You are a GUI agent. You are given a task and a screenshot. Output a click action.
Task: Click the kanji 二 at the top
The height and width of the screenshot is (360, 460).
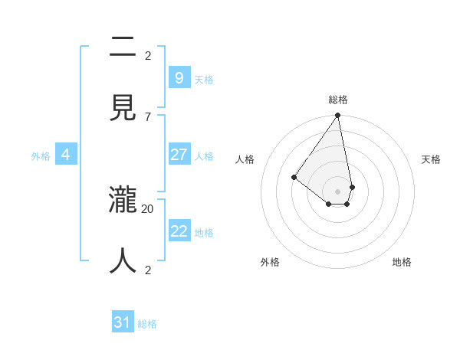point(123,47)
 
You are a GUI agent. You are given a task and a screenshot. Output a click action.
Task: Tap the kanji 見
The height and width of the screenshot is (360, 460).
point(123,108)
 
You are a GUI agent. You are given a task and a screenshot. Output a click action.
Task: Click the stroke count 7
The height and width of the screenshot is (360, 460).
point(148,116)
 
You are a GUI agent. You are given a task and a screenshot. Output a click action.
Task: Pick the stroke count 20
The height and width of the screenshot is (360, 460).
point(148,208)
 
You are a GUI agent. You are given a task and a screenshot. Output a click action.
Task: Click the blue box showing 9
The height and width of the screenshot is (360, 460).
point(179,78)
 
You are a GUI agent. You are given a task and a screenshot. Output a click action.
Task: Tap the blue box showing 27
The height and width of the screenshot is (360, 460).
point(179,155)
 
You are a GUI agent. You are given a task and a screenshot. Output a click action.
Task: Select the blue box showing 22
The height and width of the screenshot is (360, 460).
point(179,231)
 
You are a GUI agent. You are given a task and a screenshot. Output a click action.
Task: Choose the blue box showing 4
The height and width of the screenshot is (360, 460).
point(66,155)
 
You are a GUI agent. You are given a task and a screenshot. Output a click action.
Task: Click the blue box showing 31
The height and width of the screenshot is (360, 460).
point(123,322)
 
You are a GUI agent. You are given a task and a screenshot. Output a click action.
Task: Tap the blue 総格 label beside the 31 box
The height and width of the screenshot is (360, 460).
point(147,324)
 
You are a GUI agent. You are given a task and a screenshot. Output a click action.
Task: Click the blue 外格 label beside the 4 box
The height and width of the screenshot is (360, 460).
point(41,156)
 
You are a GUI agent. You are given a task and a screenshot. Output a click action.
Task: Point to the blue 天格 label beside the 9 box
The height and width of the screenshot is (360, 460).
point(204,80)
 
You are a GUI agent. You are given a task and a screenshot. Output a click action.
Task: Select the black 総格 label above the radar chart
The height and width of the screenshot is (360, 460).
point(338,100)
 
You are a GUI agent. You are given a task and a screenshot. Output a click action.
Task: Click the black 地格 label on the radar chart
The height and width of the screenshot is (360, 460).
point(402,262)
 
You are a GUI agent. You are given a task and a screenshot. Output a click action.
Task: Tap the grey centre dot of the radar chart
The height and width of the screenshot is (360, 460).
point(338,191)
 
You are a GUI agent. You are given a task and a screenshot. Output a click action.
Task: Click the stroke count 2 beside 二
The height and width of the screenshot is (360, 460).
point(148,55)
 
